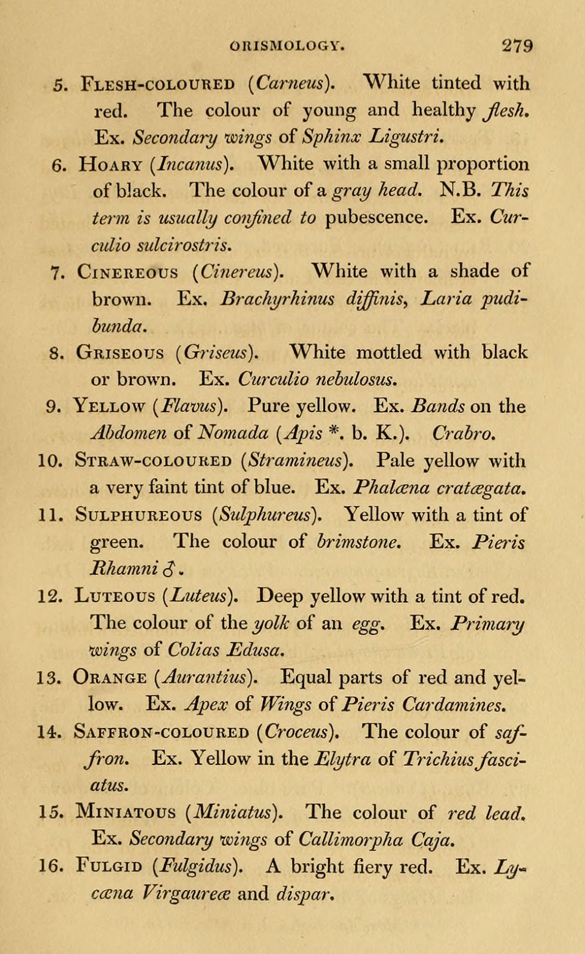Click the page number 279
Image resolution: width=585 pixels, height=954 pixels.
click(516, 46)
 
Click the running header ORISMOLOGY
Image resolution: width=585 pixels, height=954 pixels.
click(291, 46)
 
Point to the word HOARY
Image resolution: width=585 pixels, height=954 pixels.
click(111, 164)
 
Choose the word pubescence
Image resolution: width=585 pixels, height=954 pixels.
click(376, 216)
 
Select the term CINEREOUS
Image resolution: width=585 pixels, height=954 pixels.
click(127, 272)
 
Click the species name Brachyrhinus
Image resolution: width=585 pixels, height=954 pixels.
click(277, 298)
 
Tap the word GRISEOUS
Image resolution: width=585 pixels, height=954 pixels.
click(120, 353)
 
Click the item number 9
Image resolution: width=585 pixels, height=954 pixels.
click(52, 407)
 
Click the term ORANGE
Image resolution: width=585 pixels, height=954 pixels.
click(111, 678)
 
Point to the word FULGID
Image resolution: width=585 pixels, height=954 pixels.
click(109, 867)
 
